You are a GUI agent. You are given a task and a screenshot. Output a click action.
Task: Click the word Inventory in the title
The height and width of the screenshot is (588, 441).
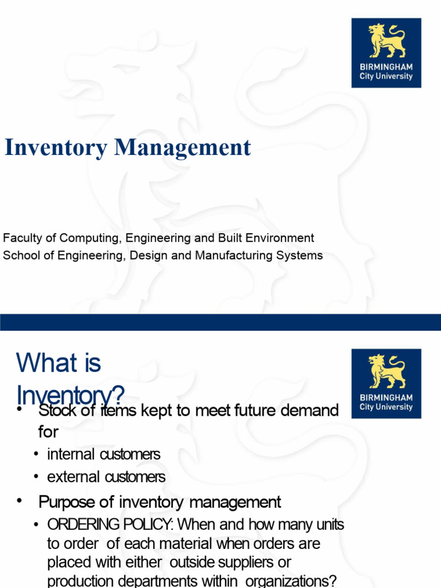pyautogui.click(x=56, y=148)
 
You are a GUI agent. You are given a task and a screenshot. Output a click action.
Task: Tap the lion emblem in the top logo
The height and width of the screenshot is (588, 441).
pyautogui.click(x=386, y=41)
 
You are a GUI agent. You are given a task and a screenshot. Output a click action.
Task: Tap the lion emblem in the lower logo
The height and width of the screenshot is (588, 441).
pyautogui.click(x=386, y=372)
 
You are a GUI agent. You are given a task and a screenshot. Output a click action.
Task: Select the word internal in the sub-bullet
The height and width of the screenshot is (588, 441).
pyautogui.click(x=71, y=454)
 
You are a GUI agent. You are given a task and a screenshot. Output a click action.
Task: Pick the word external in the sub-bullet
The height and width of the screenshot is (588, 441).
pyautogui.click(x=72, y=477)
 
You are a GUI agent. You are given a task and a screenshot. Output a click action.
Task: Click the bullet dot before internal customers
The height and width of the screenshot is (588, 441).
pyautogui.click(x=37, y=455)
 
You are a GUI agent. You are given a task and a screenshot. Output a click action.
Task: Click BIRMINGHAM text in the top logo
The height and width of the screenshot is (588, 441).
pyautogui.click(x=386, y=67)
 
